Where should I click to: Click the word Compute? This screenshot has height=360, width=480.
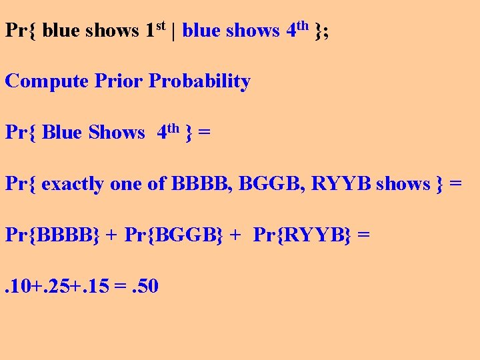(47, 81)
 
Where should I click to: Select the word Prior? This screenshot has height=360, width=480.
(119, 81)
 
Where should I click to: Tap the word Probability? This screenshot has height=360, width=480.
(199, 81)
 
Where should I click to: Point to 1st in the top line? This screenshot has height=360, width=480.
(155, 29)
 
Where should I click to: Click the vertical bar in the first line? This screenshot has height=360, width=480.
(174, 31)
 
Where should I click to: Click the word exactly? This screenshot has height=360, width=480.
(72, 183)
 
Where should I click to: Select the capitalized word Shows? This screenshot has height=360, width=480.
(116, 133)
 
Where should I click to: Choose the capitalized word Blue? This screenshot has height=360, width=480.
(61, 133)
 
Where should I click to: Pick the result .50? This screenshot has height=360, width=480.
(143, 286)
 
